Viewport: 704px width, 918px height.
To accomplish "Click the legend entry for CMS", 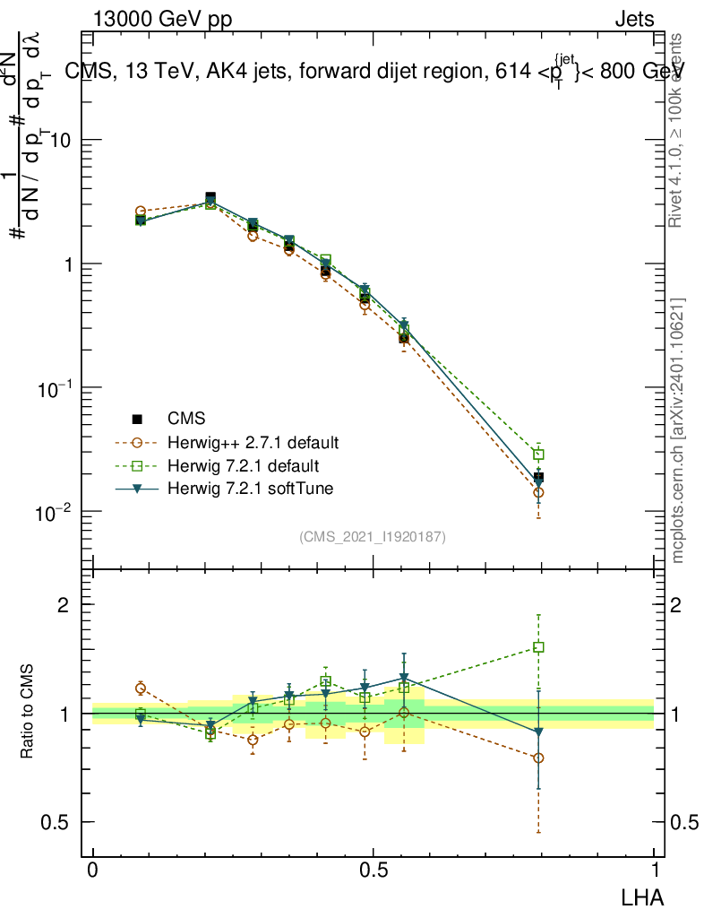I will click(186, 419).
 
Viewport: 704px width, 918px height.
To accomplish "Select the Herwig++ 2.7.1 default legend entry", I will click(253, 443).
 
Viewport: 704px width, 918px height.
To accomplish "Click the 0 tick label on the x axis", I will click(93, 870).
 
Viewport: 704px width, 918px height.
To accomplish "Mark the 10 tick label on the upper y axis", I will click(63, 141).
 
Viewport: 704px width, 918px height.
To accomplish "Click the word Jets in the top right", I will click(634, 19).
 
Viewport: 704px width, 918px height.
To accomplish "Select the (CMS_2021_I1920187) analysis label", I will click(373, 536).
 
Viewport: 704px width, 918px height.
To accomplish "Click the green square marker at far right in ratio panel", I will click(538, 647).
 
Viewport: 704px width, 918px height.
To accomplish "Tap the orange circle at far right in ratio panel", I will click(538, 758).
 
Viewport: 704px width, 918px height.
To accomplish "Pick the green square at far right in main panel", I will click(538, 455).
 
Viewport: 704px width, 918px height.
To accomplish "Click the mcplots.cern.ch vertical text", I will click(678, 430).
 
